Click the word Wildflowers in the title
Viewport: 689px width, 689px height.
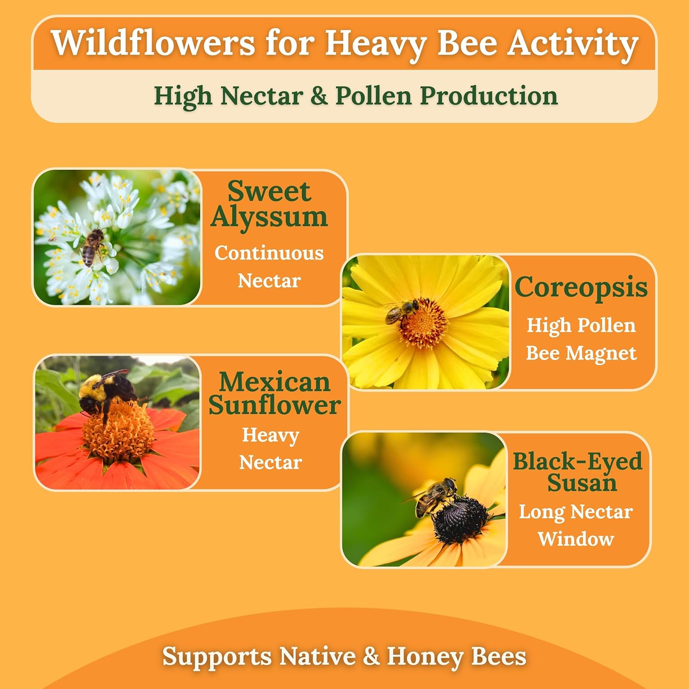(152, 43)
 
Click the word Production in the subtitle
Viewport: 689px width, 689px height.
(489, 96)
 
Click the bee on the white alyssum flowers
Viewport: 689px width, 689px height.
(93, 246)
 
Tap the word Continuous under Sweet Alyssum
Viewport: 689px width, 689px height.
(269, 253)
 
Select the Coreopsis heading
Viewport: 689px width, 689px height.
(581, 288)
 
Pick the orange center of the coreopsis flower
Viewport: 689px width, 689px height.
(424, 323)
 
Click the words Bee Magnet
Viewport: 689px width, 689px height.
(581, 353)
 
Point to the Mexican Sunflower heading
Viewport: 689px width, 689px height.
(274, 394)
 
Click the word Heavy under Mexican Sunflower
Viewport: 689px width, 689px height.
(271, 435)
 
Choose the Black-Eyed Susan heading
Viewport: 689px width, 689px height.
(577, 472)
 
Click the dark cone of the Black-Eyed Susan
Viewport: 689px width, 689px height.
(460, 519)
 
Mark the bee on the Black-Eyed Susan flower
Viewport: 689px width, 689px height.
(434, 497)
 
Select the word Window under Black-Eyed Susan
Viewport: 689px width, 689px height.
(576, 539)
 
